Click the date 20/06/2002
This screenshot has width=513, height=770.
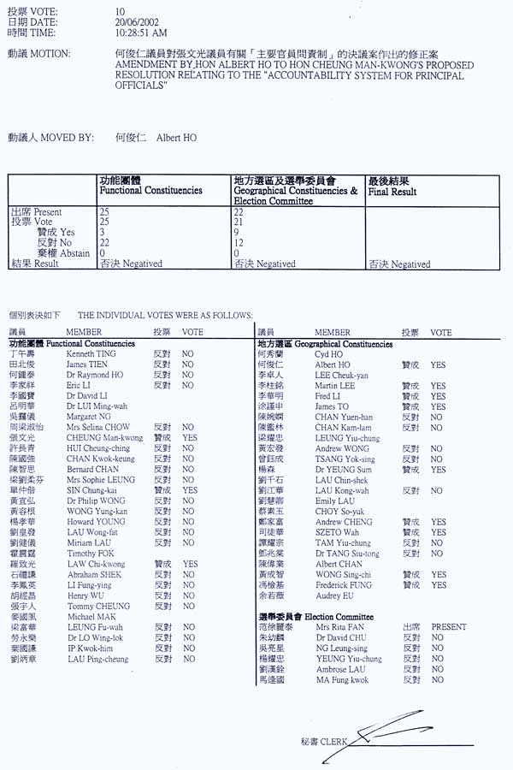tap(135, 21)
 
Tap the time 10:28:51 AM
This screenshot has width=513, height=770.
tap(141, 33)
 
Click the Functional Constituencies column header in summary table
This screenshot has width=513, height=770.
tap(150, 187)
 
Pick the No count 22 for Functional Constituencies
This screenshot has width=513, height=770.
tap(105, 243)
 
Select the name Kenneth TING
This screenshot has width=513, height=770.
tap(91, 353)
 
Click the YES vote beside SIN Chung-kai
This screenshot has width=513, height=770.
tap(190, 491)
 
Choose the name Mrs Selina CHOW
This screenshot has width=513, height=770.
tap(98, 426)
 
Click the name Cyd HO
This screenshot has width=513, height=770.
tap(328, 353)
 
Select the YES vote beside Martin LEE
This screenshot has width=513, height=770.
tap(438, 386)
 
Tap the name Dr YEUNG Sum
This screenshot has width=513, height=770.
tap(342, 470)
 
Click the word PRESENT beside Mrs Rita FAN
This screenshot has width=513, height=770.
tap(449, 627)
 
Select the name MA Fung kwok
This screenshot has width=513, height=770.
tap(341, 680)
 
